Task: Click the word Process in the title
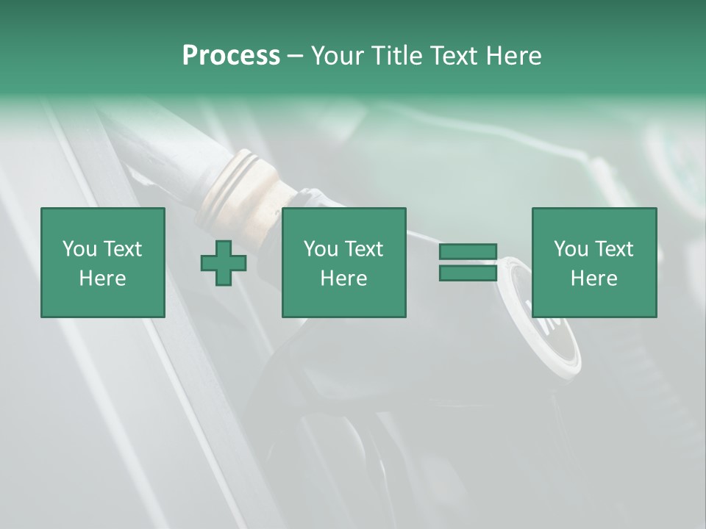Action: click(x=231, y=56)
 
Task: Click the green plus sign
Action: click(x=224, y=263)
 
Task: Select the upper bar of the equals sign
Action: click(x=468, y=252)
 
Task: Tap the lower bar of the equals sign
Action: click(x=468, y=273)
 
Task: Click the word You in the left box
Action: click(x=80, y=249)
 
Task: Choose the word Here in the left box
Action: click(x=102, y=278)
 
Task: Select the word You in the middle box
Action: click(x=321, y=249)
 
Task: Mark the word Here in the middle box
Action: click(x=343, y=278)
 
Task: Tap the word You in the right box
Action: click(x=571, y=249)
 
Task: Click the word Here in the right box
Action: click(x=593, y=278)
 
